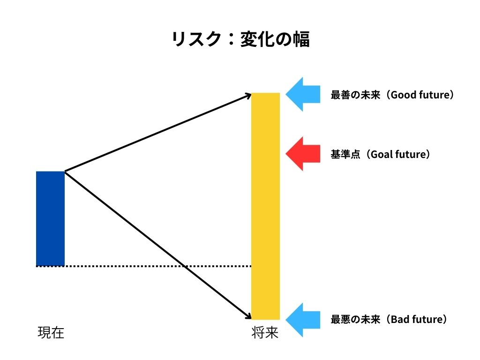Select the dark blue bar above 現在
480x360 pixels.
pyautogui.click(x=50, y=218)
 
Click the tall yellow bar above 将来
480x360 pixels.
pyautogui.click(x=265, y=206)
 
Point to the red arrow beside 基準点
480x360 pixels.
pyautogui.click(x=302, y=154)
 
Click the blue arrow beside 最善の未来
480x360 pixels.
pyautogui.click(x=302, y=94)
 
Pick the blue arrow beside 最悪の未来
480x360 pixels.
pyautogui.click(x=302, y=320)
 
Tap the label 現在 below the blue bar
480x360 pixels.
pyautogui.click(x=51, y=333)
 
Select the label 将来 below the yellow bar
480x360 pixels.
pyautogui.click(x=265, y=333)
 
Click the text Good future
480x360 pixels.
pyautogui.click(x=420, y=95)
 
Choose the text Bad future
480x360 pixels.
pyautogui.click(x=416, y=320)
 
